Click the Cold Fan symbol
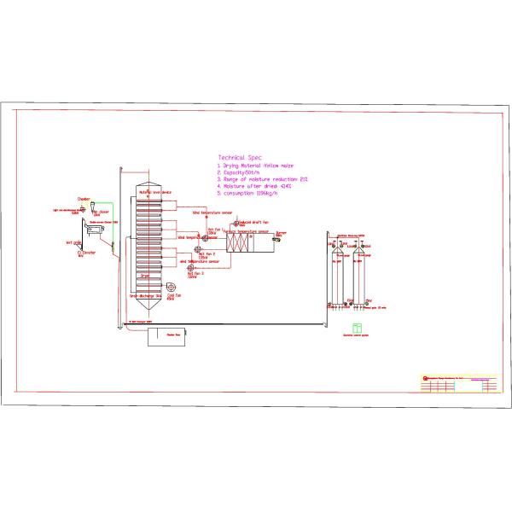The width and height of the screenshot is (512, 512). pyautogui.click(x=172, y=288)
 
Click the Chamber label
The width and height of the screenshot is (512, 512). pyautogui.click(x=84, y=199)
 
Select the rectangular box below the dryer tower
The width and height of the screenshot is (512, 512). pyautogui.click(x=171, y=337)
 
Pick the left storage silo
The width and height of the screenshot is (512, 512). pyautogui.click(x=334, y=273)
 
